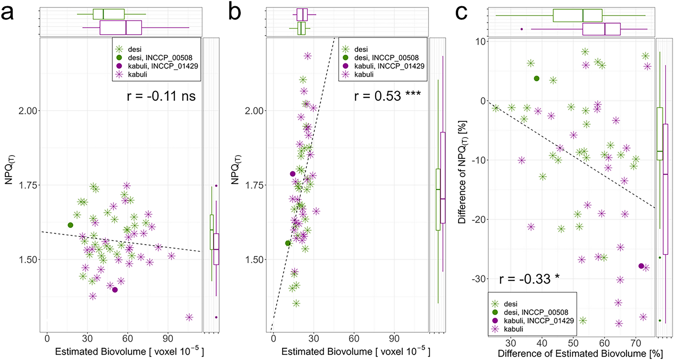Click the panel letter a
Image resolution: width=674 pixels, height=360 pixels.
pyautogui.click(x=7, y=13)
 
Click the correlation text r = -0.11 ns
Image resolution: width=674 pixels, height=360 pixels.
pyautogui.click(x=161, y=96)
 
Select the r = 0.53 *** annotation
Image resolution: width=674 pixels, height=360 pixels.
pyautogui.click(x=387, y=96)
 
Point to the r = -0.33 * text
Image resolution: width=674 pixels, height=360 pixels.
pyautogui.click(x=529, y=279)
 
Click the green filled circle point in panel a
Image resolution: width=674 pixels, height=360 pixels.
pyautogui.click(x=70, y=225)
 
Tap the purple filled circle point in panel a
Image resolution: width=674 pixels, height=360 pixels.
pyautogui.click(x=115, y=290)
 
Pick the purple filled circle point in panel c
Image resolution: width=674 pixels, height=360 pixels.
pyautogui.click(x=641, y=266)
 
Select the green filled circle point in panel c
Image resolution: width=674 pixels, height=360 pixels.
pyautogui.click(x=537, y=78)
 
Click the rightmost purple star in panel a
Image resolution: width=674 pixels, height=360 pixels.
pyautogui.click(x=189, y=317)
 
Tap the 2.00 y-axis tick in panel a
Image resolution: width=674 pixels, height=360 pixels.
pyautogui.click(x=28, y=111)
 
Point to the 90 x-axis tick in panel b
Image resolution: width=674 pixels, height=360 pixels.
pyautogui.click(x=394, y=339)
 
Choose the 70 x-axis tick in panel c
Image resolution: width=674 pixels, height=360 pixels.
pyautogui.click(x=636, y=343)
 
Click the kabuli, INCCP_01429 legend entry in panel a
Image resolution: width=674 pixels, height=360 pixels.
pyautogui.click(x=163, y=66)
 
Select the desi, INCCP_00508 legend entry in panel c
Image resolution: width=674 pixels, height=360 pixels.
pyautogui.click(x=536, y=312)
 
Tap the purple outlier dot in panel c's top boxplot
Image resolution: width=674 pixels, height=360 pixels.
pyautogui.click(x=521, y=29)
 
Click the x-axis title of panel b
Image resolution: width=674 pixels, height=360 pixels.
pyautogui.click(x=355, y=351)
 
